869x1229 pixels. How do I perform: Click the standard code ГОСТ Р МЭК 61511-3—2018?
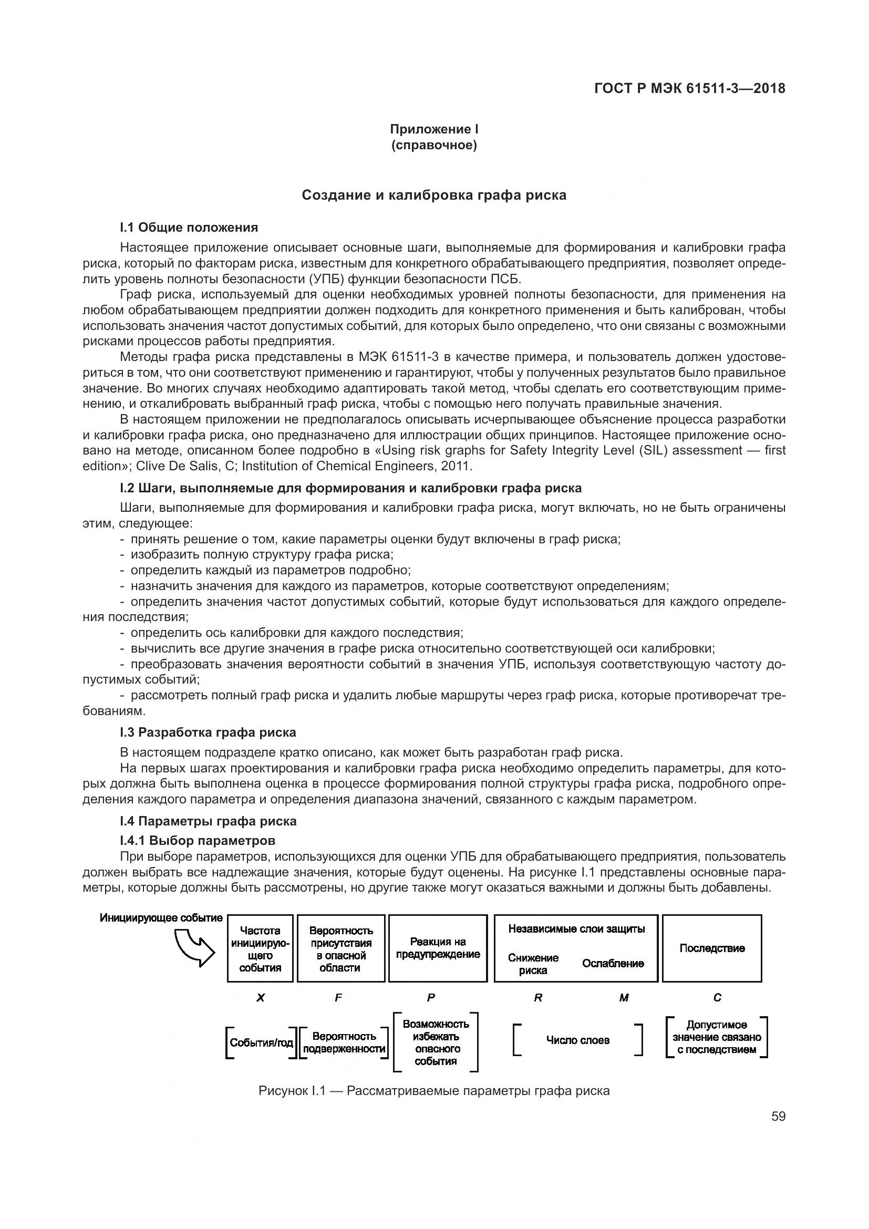689,88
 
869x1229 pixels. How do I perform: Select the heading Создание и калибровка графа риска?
434,195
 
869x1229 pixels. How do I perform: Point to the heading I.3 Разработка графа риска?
208,732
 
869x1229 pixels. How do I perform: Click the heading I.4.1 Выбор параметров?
198,840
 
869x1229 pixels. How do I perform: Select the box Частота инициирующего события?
261,949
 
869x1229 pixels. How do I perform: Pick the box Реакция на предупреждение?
438,948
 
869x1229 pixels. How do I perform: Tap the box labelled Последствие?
712,948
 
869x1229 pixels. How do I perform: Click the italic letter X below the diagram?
261,998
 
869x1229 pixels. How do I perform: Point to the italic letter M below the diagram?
624,998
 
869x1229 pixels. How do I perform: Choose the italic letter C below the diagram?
717,998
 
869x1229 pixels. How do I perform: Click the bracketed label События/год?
261,1042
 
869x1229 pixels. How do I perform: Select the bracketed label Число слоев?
577,1040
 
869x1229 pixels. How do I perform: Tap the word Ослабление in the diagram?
613,964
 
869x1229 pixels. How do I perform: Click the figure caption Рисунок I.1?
433,1091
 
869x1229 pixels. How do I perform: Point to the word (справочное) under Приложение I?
433,146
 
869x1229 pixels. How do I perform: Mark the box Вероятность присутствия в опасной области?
341,949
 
